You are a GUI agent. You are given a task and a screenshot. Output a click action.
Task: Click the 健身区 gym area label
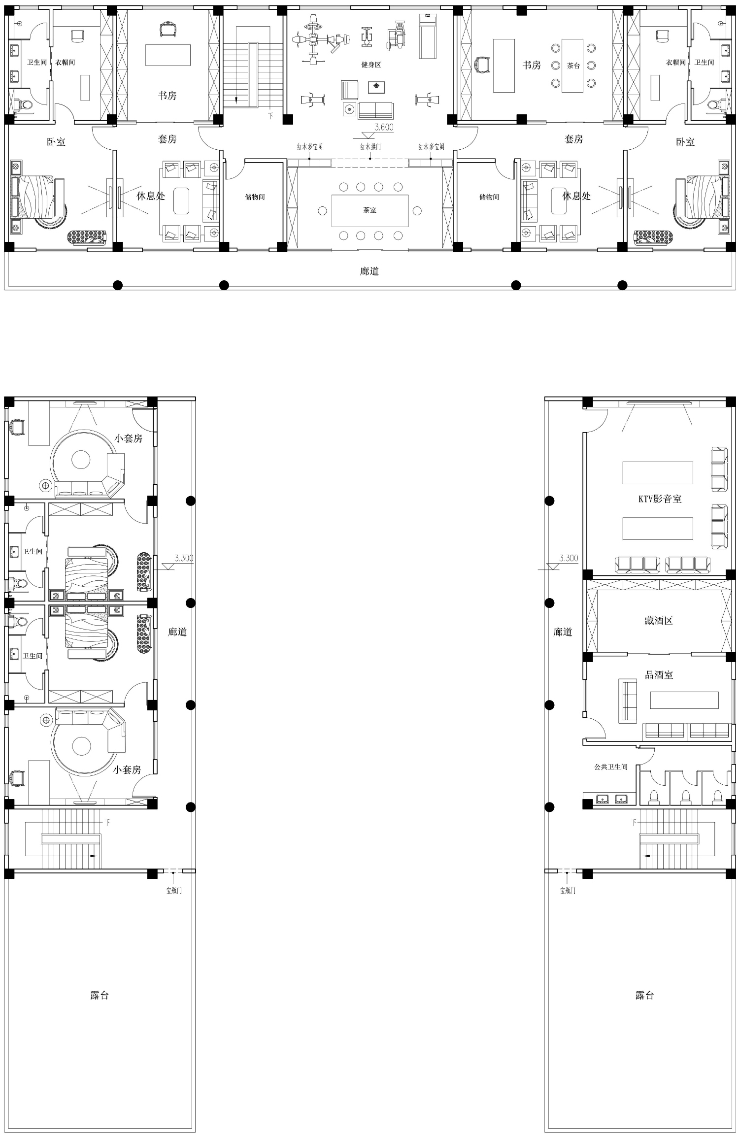tap(371, 65)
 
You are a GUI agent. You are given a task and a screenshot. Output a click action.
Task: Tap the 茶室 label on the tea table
tap(370, 210)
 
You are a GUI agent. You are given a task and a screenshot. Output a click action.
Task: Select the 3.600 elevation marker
tap(384, 127)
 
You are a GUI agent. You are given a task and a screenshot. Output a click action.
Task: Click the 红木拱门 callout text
tap(370, 147)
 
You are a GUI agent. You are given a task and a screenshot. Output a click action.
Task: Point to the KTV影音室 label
tap(660, 499)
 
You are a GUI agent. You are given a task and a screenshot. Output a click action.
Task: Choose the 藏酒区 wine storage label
tap(659, 621)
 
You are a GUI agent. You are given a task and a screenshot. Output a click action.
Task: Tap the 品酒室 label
tap(659, 675)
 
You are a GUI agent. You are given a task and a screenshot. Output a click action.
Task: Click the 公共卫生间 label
tap(611, 767)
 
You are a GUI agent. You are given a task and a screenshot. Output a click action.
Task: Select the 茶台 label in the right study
tap(573, 66)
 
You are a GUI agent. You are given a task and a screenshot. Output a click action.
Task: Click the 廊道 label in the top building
tap(369, 271)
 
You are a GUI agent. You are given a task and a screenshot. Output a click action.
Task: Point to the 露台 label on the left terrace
tap(100, 996)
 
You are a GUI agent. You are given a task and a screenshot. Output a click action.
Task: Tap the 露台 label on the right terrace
tap(644, 996)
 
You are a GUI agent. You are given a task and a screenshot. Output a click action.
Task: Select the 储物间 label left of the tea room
tap(255, 197)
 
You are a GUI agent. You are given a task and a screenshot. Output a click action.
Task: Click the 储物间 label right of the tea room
tap(489, 197)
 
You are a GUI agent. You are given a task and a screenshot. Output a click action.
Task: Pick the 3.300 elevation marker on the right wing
tap(569, 558)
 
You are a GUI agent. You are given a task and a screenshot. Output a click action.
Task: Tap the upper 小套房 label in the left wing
tap(129, 438)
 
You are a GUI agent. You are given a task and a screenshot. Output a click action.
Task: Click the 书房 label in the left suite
tap(168, 96)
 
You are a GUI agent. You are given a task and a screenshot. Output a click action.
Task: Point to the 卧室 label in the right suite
tap(685, 142)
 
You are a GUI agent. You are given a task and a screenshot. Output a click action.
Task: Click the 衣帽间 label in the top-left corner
tap(65, 63)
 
